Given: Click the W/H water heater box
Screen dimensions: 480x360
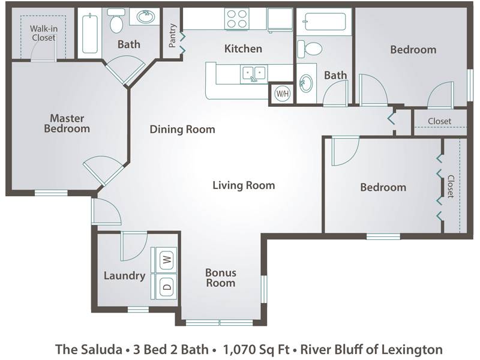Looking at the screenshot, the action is click(x=282, y=94).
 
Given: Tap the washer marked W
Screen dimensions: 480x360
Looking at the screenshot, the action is click(x=166, y=259).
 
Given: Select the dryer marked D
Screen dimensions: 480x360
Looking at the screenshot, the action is click(x=166, y=287).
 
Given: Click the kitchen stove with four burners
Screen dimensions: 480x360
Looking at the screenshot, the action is click(x=237, y=19).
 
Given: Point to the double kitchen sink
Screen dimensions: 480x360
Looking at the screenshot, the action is click(x=254, y=73).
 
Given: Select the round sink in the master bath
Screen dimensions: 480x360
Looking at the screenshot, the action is click(x=145, y=17).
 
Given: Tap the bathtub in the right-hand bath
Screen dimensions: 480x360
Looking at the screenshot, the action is click(x=325, y=22).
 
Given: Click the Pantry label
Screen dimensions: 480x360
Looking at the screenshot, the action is click(x=172, y=35).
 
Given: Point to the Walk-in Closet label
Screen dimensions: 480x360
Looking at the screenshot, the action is click(x=43, y=33).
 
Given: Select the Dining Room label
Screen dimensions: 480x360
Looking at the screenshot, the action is click(x=182, y=129).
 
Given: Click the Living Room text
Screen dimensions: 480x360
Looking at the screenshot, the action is click(x=244, y=185).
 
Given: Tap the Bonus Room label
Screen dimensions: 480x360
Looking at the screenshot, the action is click(x=220, y=278).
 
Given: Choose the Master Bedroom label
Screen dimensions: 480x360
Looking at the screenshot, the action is click(x=67, y=123).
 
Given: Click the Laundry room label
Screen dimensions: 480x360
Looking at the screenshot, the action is click(x=124, y=275).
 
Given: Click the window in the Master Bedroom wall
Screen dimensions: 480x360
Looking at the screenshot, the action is click(x=51, y=193).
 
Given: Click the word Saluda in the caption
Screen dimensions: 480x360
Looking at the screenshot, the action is click(x=102, y=349).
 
